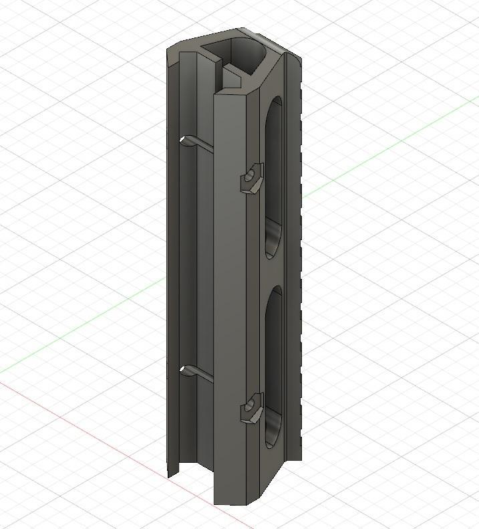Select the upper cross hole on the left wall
point(187,140)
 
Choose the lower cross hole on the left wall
point(186,370)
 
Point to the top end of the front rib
point(230,94)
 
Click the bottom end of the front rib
point(230,498)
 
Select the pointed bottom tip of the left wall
point(170,475)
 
